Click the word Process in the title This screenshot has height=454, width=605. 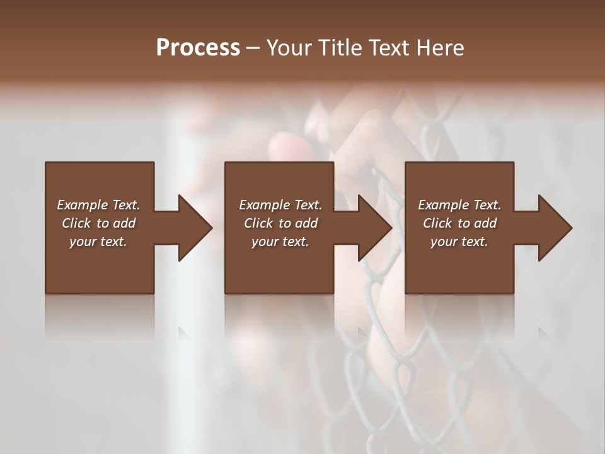(198, 48)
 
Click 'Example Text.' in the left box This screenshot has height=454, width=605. (98, 205)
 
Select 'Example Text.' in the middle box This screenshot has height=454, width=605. (280, 205)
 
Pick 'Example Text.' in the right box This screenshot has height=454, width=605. (459, 205)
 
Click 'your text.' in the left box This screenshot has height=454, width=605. (98, 242)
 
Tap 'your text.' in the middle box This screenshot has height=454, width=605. (280, 242)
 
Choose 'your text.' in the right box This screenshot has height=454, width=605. (459, 242)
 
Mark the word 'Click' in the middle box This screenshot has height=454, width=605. (258, 223)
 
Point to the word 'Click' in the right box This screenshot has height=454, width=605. (437, 223)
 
